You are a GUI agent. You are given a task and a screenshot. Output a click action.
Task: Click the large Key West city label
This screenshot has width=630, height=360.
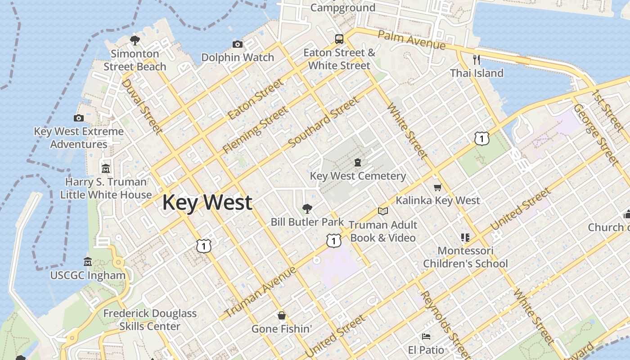[x=207, y=202]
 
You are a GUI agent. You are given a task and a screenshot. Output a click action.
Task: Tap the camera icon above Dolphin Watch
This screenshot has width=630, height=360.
[x=238, y=44]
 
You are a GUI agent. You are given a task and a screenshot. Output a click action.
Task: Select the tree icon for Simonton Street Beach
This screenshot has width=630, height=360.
[x=135, y=40]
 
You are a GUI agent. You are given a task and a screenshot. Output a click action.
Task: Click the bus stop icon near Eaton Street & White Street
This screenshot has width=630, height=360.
[x=339, y=39]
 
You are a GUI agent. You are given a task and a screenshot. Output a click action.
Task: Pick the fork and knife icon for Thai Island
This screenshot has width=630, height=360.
[x=477, y=59]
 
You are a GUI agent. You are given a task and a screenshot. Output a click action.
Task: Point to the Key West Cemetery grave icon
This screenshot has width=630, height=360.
[x=358, y=162]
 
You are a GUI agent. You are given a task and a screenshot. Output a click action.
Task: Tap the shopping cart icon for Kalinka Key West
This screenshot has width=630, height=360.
[x=437, y=187]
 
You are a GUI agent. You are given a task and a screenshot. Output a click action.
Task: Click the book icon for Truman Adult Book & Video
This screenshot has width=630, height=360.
[x=383, y=211]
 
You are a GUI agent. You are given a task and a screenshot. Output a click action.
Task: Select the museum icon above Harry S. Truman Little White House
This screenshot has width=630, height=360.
[x=106, y=169]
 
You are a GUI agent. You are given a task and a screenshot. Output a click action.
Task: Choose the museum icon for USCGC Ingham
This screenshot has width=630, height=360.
[x=88, y=262]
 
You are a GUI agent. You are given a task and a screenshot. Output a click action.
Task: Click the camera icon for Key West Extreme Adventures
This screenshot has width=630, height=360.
[x=79, y=118]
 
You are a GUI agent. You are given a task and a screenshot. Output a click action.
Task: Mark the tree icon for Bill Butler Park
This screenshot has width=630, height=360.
[x=307, y=208]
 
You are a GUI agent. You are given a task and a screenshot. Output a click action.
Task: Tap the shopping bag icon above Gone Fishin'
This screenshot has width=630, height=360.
[x=282, y=315]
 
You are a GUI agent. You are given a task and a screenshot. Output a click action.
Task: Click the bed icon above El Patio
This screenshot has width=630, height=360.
[x=426, y=337]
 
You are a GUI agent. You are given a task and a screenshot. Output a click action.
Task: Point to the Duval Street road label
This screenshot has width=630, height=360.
[x=141, y=106]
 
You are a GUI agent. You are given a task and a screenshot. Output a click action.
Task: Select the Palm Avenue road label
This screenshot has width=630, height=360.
[x=411, y=40]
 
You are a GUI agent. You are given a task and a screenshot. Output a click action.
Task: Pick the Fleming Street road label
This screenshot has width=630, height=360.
[x=255, y=130]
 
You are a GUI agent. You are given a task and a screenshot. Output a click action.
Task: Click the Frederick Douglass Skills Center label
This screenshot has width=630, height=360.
[x=150, y=319]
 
